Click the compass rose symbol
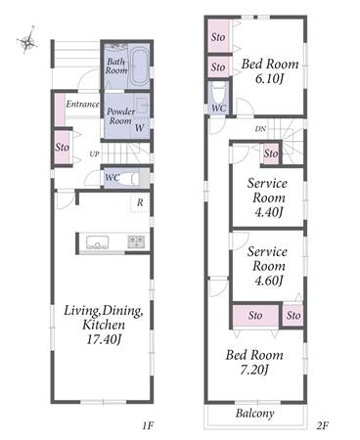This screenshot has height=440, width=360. coord(27,40)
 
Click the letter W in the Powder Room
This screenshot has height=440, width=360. coord(139,128)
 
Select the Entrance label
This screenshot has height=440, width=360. coord(82,104)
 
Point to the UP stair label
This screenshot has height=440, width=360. coord(94,154)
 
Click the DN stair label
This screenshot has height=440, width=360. coord(260,129)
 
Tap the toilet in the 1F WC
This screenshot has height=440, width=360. coord(135,178)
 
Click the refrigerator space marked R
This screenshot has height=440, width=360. coord(140,202)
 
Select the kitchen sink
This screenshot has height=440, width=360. coord(97,242)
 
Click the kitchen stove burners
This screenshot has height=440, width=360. coord(136,242)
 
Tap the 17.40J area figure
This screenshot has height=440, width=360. coord(104,339)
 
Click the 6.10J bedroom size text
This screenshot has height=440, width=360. coord(269,78)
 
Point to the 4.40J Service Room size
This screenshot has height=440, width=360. coord(268,212)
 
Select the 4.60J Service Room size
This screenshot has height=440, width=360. coord(268,281)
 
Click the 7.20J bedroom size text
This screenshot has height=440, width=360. coord(254,370)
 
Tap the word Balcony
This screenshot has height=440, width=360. coord(255,414)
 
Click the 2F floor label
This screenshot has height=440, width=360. coord(322,425)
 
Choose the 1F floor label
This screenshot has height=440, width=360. coord(148,425)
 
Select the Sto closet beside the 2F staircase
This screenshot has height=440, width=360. coord(271,154)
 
